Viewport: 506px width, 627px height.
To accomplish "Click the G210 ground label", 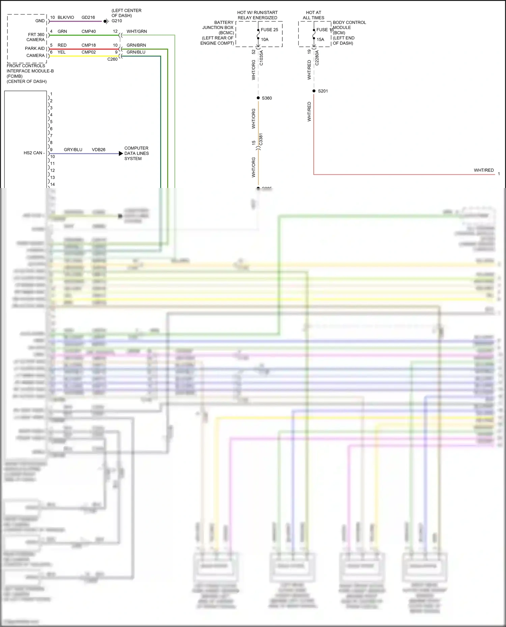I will pos(117,21).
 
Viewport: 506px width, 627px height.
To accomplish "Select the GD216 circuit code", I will pos(88,18).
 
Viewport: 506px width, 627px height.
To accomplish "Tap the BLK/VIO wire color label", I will pos(66,18).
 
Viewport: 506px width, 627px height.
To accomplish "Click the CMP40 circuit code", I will pos(88,31).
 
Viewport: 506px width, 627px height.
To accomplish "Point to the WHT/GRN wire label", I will pos(137,31).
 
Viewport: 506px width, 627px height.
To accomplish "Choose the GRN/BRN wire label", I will pos(136,45).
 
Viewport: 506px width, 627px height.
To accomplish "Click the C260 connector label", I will pos(112,59).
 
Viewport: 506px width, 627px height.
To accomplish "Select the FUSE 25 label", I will pos(269,30).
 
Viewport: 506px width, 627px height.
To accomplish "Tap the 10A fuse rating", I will pos(265,39).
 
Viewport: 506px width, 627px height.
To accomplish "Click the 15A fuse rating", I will pos(320,39).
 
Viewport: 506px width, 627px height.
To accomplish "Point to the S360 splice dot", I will pos(258,98).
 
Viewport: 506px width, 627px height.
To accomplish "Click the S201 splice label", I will pos(323,91).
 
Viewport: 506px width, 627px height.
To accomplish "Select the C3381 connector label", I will pos(261,139).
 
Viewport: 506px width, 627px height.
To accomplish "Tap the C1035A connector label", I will pos(261,58).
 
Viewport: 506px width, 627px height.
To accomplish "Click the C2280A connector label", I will pos(317,58).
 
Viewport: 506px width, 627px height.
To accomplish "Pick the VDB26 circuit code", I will pos(99,150).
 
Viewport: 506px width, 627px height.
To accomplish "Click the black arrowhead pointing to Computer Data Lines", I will pos(121,154).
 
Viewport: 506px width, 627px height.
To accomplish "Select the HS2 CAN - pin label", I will pos(34,153).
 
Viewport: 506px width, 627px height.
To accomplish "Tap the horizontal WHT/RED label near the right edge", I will pos(483,170).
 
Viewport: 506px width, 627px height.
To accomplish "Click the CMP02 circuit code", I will pos(88,52).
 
